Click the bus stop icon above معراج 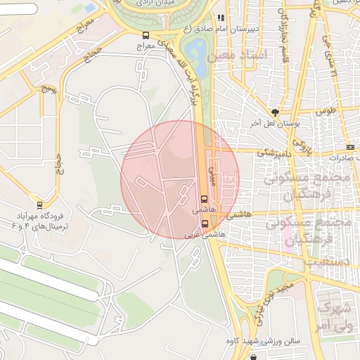[x=146, y=35]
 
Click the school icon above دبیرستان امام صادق [x=221, y=18]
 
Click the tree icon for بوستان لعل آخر [x=275, y=112]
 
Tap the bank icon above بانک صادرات [x=351, y=146]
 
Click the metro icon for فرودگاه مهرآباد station [x=39, y=205]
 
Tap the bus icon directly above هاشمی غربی [x=205, y=223]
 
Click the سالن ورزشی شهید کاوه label [x=269, y=341]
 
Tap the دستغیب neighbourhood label [x=326, y=261]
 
